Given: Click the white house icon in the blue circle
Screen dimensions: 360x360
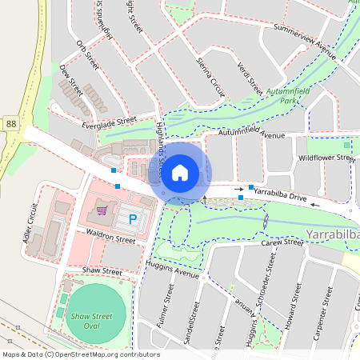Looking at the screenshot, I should tap(180, 172).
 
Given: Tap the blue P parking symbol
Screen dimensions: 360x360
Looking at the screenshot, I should tap(134, 218).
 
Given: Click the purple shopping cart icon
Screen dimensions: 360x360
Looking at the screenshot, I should tap(102, 210).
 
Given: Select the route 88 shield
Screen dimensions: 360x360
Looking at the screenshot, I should tap(10, 123).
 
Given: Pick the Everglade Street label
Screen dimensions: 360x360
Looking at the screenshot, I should tap(109, 122).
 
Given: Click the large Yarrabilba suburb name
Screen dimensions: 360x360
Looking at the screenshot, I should tap(333, 236).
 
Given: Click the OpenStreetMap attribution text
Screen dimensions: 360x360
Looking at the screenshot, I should tap(81, 354).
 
